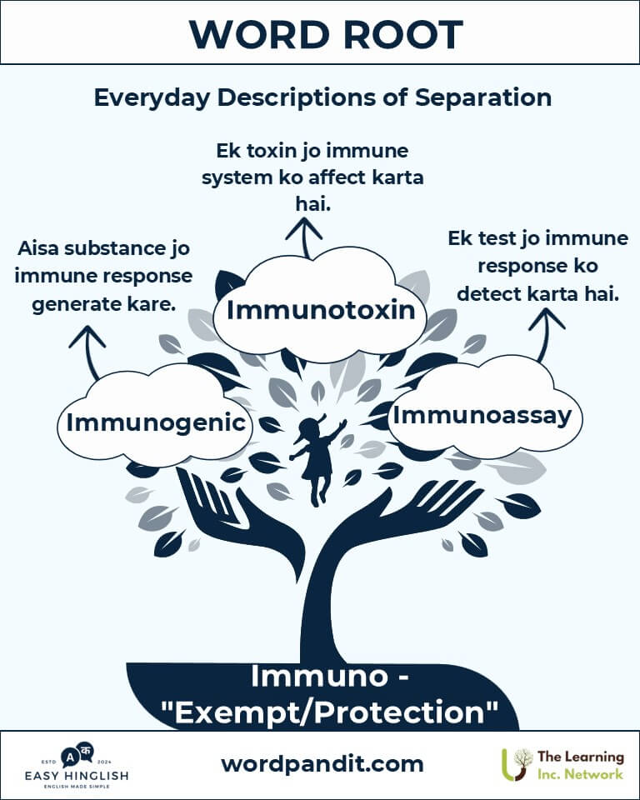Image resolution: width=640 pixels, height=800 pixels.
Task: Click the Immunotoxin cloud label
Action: click(321, 310)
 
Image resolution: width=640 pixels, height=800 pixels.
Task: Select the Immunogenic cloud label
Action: click(156, 423)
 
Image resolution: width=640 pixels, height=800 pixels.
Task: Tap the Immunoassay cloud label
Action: click(482, 416)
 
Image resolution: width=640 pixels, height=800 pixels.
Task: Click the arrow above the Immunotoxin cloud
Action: click(304, 237)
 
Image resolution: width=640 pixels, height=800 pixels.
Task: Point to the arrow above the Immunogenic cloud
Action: click(89, 352)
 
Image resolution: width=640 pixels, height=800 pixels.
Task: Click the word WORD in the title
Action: click(259, 35)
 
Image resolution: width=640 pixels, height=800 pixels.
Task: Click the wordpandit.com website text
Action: click(322, 764)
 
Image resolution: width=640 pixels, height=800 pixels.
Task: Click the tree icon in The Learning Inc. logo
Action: click(517, 764)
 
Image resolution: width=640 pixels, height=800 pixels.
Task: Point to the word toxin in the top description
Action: click(271, 151)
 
